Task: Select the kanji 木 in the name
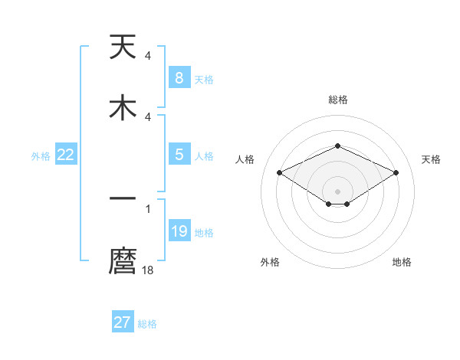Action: [123, 106]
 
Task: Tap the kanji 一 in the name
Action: [123, 198]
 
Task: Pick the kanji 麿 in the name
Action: [123, 261]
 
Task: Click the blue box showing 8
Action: [179, 78]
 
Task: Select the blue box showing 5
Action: [179, 155]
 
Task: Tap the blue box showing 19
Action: [179, 231]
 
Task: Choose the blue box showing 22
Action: [66, 155]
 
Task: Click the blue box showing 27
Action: [123, 322]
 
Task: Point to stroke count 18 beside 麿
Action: [149, 270]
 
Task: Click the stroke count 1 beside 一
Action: [147, 208]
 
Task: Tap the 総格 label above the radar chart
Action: [337, 100]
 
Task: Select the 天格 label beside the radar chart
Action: [432, 159]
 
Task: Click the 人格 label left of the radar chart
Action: [245, 159]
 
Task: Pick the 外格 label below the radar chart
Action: [270, 263]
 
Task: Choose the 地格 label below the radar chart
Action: [402, 263]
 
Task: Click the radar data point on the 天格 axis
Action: [396, 172]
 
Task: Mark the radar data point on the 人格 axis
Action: [280, 172]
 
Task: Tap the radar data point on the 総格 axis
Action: [337, 146]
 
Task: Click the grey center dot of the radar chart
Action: [337, 191]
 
